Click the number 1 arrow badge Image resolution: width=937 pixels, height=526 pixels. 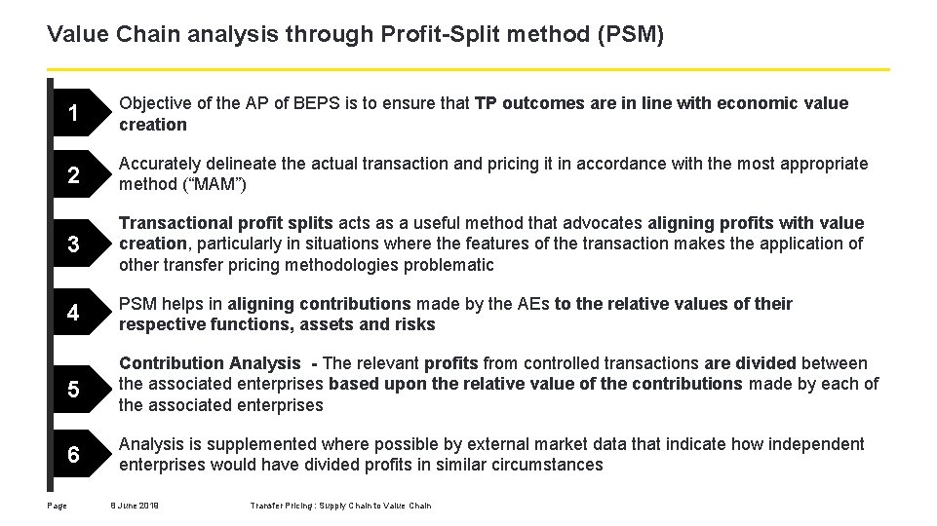tap(76, 114)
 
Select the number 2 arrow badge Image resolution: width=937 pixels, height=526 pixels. tap(76, 176)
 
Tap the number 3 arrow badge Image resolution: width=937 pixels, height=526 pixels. tap(76, 244)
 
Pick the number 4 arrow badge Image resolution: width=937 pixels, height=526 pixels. tap(76, 315)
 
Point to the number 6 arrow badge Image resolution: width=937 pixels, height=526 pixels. tap(76, 455)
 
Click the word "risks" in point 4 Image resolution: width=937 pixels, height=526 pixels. tap(413, 324)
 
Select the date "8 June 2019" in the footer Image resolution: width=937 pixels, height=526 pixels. tap(136, 505)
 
